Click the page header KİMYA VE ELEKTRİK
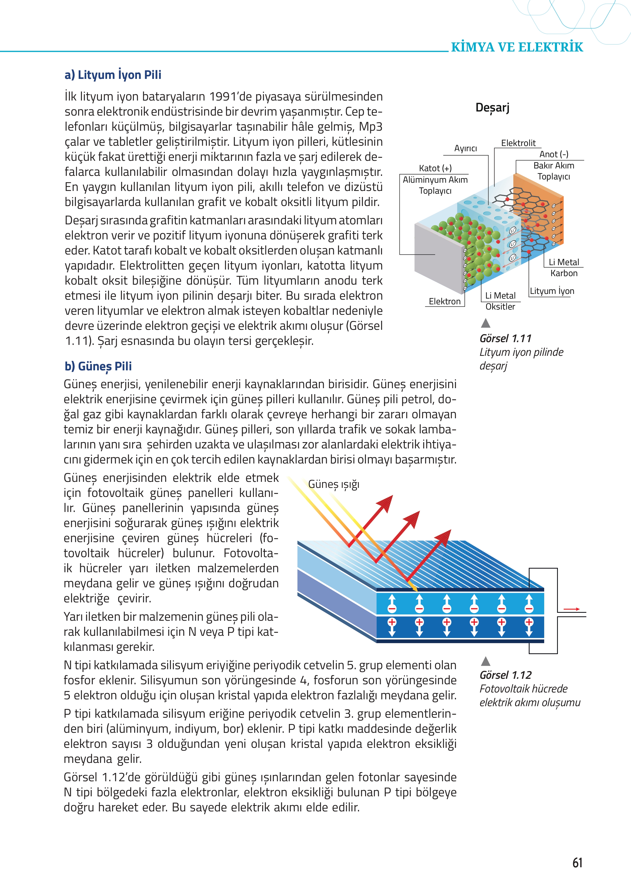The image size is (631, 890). (517, 47)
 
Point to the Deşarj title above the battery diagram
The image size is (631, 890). (492, 108)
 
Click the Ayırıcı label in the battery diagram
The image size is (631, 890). (466, 148)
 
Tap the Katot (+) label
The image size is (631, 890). (435, 168)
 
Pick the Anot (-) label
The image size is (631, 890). (554, 154)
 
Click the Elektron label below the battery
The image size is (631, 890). (444, 301)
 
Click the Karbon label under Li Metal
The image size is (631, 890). (564, 273)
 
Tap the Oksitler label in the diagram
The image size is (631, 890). (500, 307)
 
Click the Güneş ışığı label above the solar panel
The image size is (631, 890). (334, 484)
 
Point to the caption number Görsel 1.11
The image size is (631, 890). (505, 339)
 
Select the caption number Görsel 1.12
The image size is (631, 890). (505, 675)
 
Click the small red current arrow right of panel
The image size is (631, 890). (572, 609)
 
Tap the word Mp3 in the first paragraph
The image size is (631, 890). (370, 127)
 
